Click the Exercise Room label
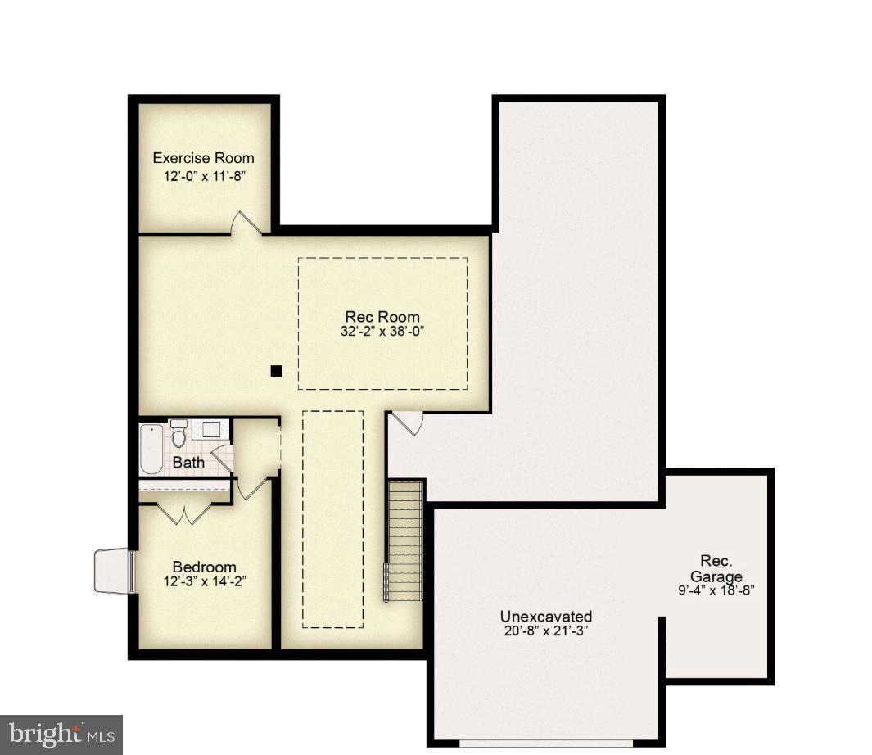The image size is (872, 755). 203,158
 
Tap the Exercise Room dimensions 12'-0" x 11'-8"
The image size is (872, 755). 203,176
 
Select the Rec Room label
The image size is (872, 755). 382,317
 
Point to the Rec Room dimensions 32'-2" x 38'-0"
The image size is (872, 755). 382,332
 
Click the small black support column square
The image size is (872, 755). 276,371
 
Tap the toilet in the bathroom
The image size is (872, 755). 178,436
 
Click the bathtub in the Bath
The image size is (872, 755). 151,448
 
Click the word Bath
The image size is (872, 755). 188,463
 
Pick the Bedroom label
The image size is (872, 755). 204,567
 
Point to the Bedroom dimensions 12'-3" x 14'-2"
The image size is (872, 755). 204,582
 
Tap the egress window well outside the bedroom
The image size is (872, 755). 112,570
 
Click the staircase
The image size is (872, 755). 404,540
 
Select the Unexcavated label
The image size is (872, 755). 546,617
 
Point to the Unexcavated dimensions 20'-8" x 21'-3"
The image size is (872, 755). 546,631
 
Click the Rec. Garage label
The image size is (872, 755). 716,569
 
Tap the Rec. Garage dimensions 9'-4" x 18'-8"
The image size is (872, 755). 716,590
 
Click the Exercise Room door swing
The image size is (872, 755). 245,223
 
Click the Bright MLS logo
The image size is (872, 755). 61,735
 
